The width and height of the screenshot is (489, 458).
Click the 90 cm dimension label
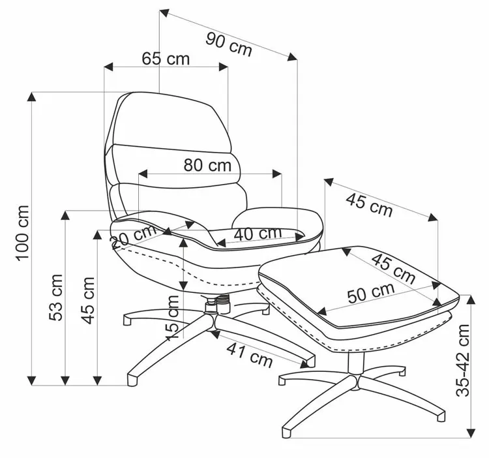228,44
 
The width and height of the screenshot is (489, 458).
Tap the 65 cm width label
166,59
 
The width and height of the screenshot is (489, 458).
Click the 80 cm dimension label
207,165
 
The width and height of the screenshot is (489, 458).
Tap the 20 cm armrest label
134,237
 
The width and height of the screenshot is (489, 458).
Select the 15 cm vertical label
171,318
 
